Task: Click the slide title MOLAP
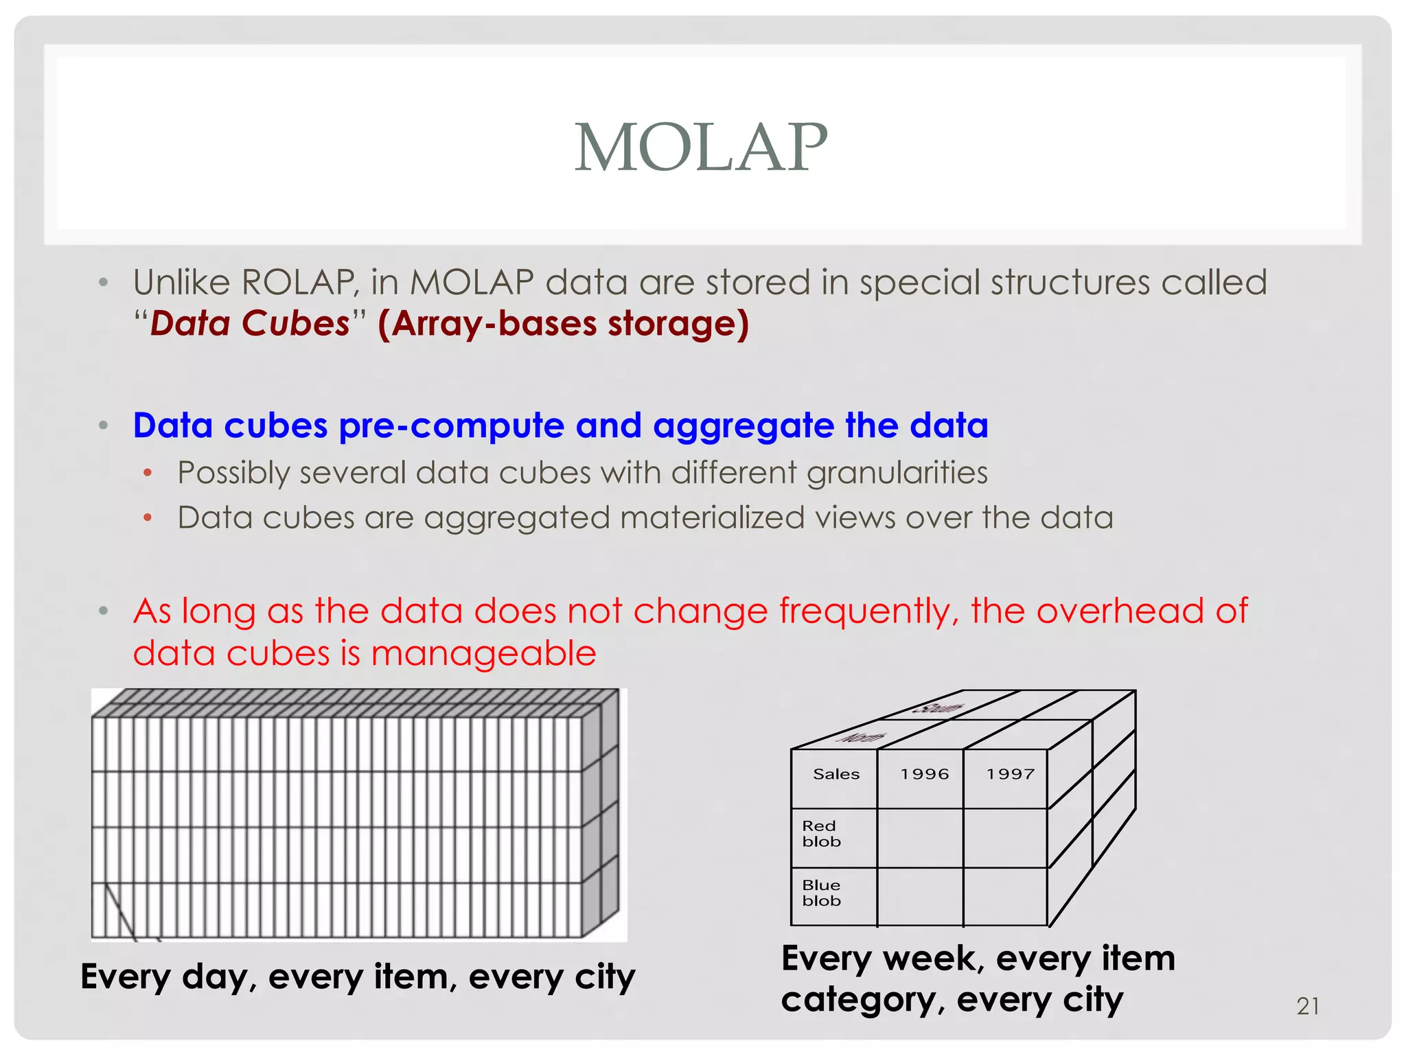[701, 147]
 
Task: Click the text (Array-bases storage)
[563, 323]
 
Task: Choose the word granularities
[897, 473]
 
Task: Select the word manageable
[483, 653]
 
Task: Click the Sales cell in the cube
[835, 774]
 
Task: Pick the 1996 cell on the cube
[924, 774]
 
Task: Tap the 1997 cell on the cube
[1010, 774]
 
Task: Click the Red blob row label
[821, 834]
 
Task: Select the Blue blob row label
[821, 893]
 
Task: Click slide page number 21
[1307, 1006]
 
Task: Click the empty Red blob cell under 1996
[920, 838]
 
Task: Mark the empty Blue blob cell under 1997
[1005, 897]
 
